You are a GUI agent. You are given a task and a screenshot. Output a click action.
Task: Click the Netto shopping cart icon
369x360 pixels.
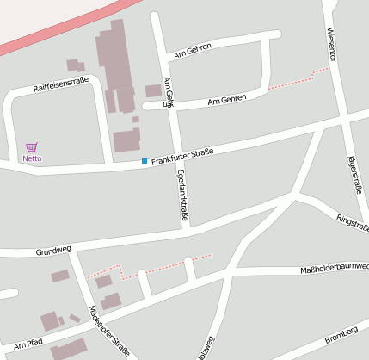coord(32,148)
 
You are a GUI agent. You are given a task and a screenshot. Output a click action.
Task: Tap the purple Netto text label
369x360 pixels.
coord(32,158)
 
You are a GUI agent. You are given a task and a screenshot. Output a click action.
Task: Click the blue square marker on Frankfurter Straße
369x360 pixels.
coord(145,161)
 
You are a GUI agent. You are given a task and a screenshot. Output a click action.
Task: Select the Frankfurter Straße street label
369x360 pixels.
coord(181,156)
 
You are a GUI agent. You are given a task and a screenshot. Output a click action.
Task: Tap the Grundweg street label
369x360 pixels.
coord(52,251)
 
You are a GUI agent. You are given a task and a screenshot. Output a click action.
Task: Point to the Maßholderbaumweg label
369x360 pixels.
coord(334,269)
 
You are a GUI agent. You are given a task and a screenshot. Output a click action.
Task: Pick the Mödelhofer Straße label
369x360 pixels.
coord(109,332)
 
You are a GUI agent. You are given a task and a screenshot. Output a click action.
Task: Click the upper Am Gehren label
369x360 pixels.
coord(192,53)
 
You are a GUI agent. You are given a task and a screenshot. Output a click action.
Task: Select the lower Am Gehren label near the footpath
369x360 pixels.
coord(227,101)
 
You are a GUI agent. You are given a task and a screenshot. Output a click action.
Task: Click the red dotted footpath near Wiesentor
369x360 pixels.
coord(298,80)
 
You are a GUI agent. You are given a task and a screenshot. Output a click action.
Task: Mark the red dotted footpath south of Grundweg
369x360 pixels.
coord(163,266)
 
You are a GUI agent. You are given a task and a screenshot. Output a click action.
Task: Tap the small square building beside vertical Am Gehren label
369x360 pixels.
coord(153,90)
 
